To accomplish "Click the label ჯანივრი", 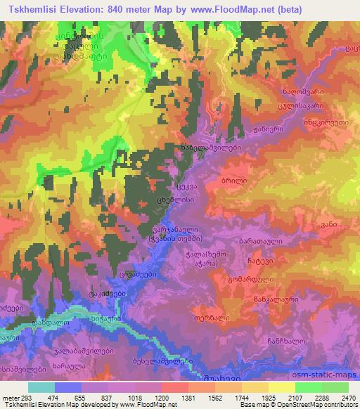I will click(268, 129).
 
